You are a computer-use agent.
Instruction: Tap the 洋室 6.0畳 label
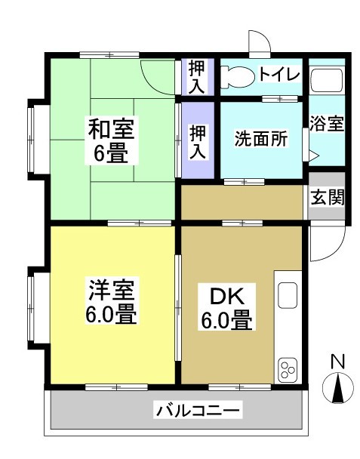(x=112, y=301)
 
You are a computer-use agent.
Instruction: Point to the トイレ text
(x=279, y=75)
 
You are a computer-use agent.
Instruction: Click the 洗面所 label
(x=260, y=139)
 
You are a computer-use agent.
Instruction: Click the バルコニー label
(x=198, y=411)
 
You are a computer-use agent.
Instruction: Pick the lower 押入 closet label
(x=198, y=142)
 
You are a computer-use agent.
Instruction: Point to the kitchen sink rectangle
(x=288, y=295)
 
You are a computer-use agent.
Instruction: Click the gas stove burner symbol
(x=288, y=369)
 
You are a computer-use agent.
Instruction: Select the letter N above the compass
(x=339, y=362)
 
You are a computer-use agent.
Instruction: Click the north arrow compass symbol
(x=339, y=389)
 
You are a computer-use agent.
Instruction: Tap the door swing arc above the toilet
(x=258, y=42)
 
